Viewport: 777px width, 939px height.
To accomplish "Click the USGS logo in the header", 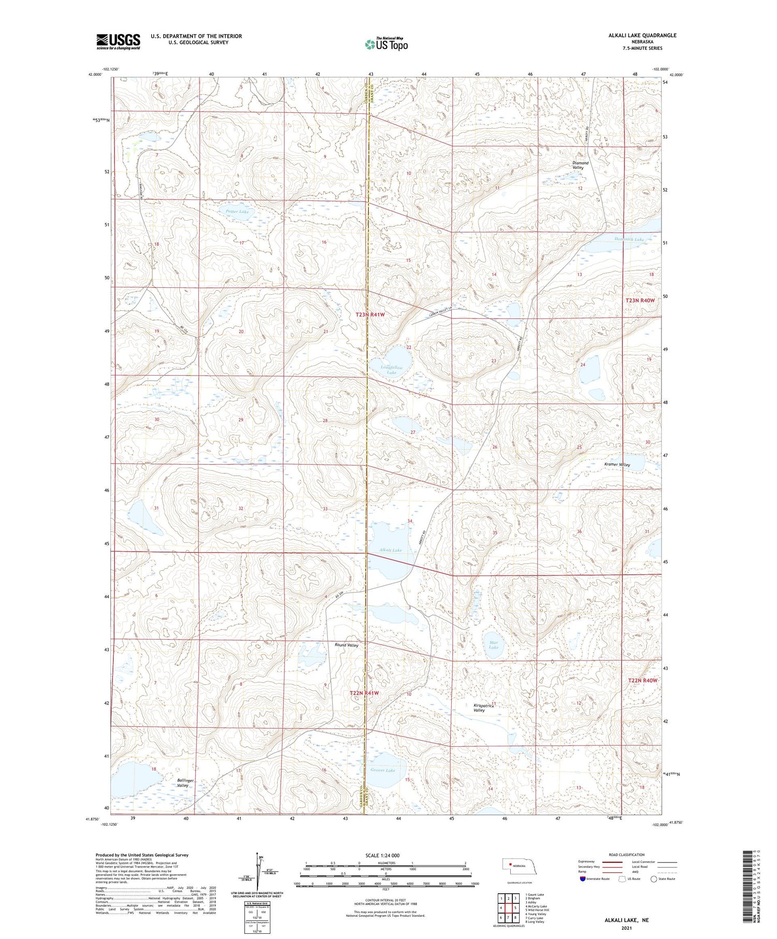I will click(118, 41).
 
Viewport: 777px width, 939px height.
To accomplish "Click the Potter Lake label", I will click(237, 212).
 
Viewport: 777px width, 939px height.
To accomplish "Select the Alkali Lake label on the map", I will click(390, 550).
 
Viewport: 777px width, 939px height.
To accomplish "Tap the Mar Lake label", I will click(493, 645).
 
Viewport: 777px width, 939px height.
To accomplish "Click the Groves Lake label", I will click(382, 770).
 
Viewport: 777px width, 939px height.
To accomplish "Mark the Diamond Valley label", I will click(580, 165).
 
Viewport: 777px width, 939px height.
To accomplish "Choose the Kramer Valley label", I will click(617, 465).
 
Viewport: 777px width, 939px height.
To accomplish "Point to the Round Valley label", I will click(346, 645).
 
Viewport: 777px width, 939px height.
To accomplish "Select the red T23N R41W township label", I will click(370, 315).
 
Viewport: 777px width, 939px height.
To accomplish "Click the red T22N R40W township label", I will click(642, 681).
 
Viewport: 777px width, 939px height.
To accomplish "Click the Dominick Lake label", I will click(629, 239).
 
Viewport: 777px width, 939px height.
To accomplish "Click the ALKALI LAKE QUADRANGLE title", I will click(642, 35).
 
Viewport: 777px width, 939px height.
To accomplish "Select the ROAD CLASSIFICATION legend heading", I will click(627, 855).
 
